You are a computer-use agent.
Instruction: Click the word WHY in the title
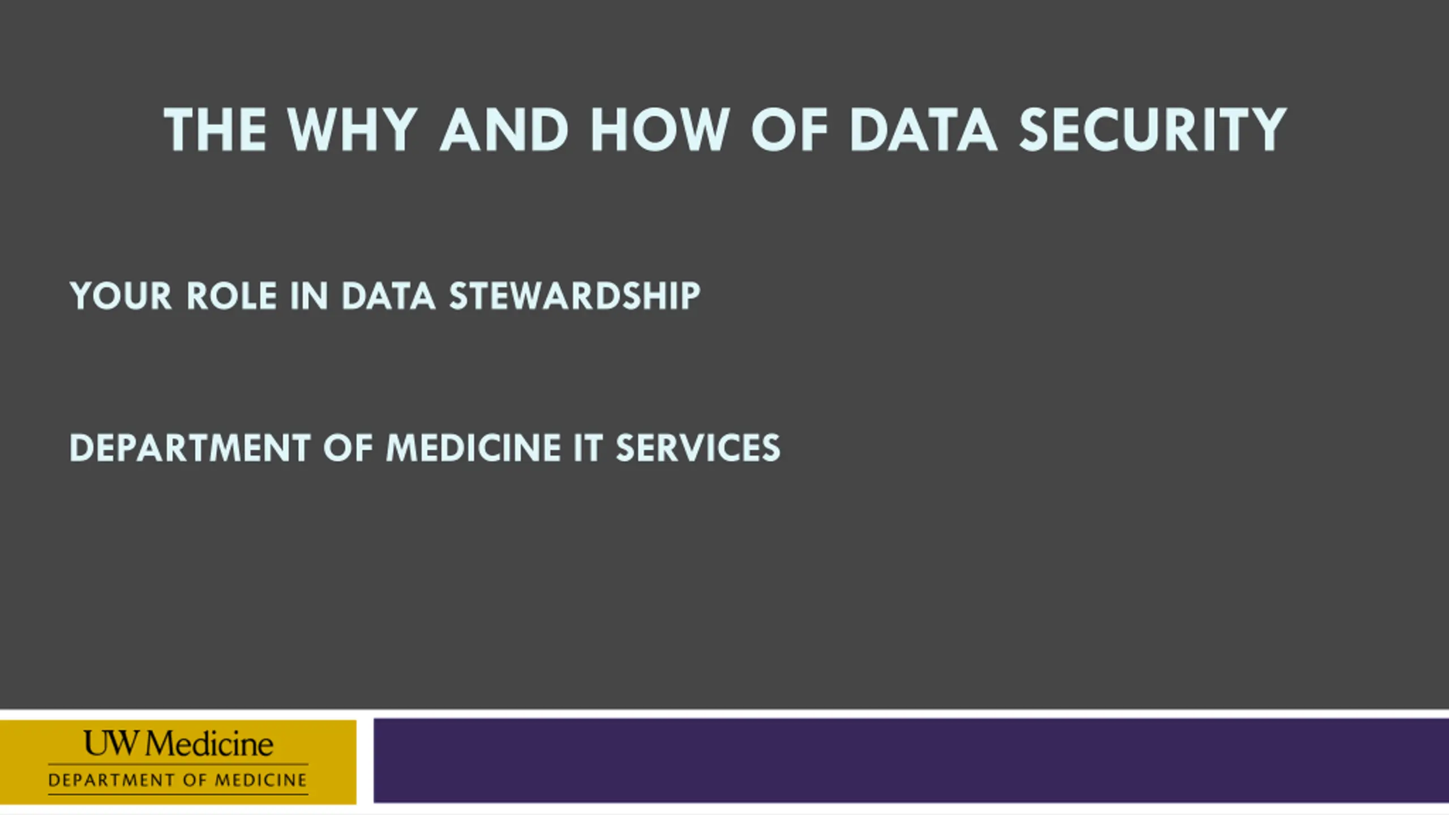(x=353, y=130)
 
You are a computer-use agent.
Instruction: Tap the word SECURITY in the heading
(x=1153, y=130)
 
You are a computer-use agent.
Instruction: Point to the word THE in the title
(x=215, y=130)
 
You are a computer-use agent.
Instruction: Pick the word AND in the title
(x=504, y=130)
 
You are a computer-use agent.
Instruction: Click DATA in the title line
(x=923, y=130)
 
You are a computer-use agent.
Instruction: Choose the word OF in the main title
(x=790, y=130)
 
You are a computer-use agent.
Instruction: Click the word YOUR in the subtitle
(x=121, y=295)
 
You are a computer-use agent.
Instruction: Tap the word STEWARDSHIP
(x=575, y=295)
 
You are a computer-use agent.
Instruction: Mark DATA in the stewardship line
(x=388, y=295)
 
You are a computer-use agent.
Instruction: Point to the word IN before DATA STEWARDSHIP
(x=309, y=295)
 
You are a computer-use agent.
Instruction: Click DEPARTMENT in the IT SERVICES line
(x=190, y=448)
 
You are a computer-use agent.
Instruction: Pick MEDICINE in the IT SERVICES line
(x=473, y=448)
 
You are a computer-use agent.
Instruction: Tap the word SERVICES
(x=698, y=448)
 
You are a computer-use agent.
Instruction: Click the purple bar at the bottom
(x=911, y=761)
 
